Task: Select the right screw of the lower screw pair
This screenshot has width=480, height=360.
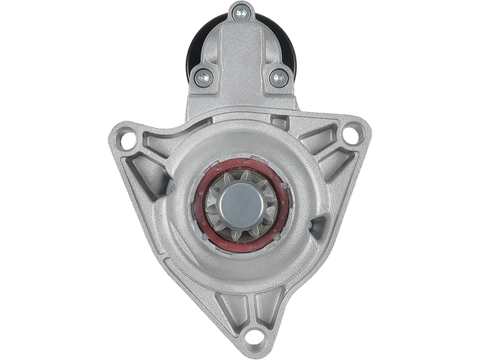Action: (277, 76)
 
